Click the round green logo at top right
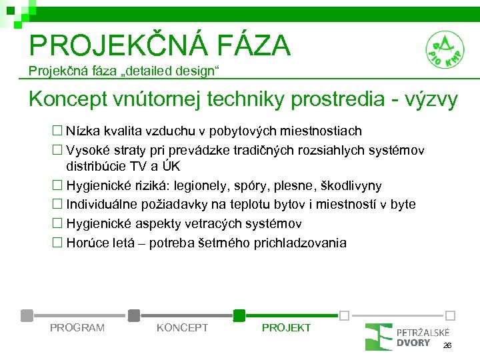point(445,51)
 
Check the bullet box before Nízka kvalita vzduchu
point(57,131)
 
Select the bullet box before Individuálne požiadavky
point(57,204)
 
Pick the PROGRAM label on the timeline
point(77,327)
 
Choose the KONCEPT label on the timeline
point(182,327)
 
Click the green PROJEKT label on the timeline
point(286,327)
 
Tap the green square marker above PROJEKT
point(239,315)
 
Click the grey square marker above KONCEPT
point(134,315)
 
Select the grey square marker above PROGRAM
point(27,315)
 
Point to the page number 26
point(447,345)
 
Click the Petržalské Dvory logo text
point(423,337)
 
